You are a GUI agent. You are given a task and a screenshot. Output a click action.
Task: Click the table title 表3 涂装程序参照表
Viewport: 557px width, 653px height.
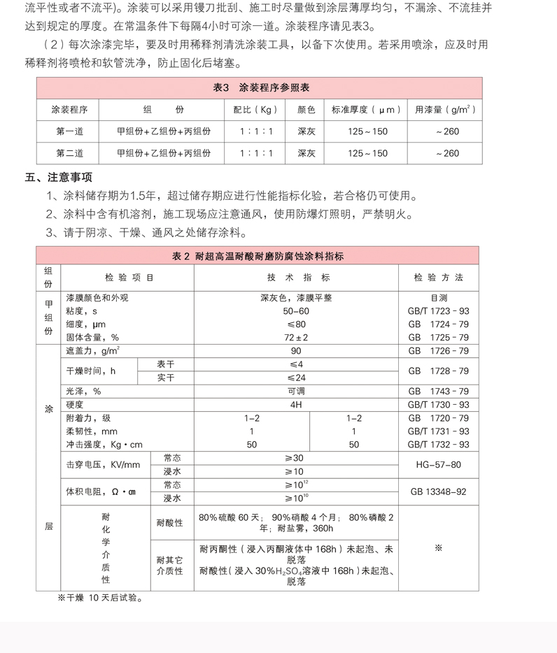[260, 88]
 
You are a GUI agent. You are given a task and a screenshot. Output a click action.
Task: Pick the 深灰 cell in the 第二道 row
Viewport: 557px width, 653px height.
[306, 153]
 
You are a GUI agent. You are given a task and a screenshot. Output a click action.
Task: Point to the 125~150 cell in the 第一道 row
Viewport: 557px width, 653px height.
[367, 131]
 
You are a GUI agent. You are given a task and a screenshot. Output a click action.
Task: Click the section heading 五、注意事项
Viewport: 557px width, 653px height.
[58, 177]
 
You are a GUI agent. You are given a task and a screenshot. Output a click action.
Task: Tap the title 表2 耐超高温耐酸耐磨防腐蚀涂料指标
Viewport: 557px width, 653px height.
[258, 257]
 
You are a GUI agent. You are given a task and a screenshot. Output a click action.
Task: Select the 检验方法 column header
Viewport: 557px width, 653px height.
[439, 278]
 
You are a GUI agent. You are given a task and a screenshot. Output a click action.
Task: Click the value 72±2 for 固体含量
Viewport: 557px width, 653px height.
[296, 337]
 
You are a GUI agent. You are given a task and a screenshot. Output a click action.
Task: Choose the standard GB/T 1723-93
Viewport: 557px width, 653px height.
[439, 310]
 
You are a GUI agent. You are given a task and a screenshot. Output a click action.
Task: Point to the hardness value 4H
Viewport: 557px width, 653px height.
[296, 405]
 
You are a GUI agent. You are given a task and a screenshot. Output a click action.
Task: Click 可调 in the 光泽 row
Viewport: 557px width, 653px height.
[296, 392]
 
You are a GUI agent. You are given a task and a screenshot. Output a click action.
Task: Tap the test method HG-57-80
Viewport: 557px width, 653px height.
[439, 464]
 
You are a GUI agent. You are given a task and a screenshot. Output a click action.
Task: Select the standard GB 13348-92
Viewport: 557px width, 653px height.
[439, 491]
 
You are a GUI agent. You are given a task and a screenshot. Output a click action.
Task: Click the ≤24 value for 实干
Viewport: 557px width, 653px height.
[296, 378]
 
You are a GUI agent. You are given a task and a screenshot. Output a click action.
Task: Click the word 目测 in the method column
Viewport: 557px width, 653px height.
[439, 297]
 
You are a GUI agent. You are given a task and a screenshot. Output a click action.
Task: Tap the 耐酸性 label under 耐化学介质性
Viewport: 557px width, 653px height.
[169, 522]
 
